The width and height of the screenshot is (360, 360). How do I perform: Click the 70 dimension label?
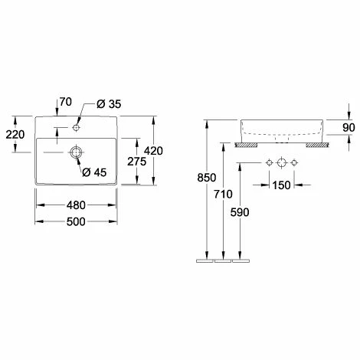(x=66, y=102)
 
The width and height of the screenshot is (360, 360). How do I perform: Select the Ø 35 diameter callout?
(x=109, y=104)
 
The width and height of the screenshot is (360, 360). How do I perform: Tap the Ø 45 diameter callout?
(x=94, y=172)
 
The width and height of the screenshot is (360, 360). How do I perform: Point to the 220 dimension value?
(x=15, y=135)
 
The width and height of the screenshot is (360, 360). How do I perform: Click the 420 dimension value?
(x=153, y=151)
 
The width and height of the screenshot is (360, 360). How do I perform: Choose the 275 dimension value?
(x=137, y=162)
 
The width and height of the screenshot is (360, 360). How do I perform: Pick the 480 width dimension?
(x=76, y=205)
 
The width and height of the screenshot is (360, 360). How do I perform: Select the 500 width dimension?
(x=76, y=221)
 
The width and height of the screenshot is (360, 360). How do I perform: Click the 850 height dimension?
(x=207, y=178)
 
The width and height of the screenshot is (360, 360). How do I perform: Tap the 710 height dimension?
(x=223, y=195)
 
